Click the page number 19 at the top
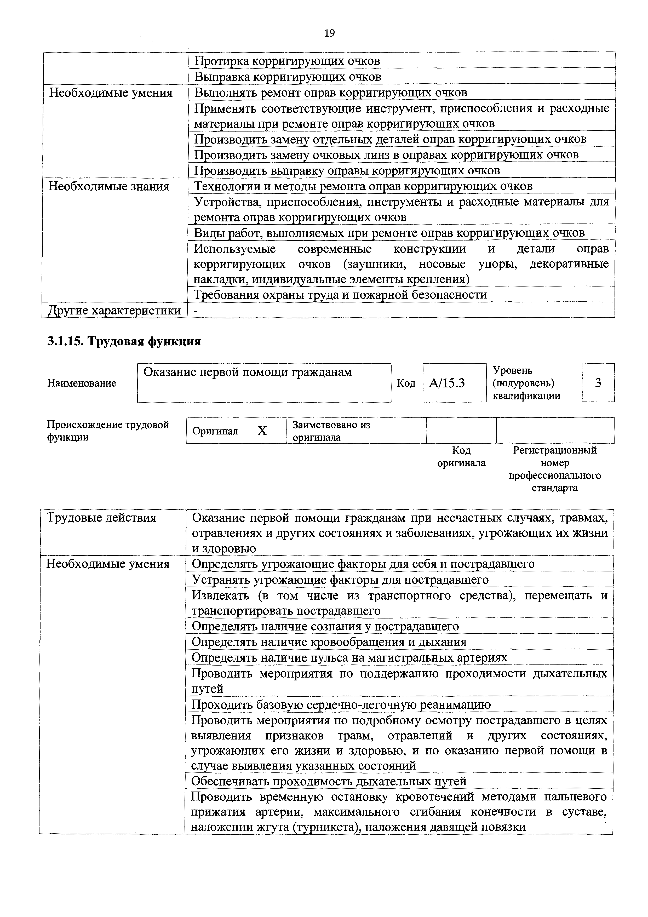pos(329,33)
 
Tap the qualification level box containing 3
pos(598,383)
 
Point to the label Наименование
pos(82,383)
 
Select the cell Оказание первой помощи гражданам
pos(248,372)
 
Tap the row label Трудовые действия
pos(101,518)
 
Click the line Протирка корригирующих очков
pos(287,61)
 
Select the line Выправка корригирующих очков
pos(288,77)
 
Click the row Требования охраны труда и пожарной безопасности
pos(340,295)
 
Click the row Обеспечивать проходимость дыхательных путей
pos(329,781)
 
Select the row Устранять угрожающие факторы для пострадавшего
pos(340,580)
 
